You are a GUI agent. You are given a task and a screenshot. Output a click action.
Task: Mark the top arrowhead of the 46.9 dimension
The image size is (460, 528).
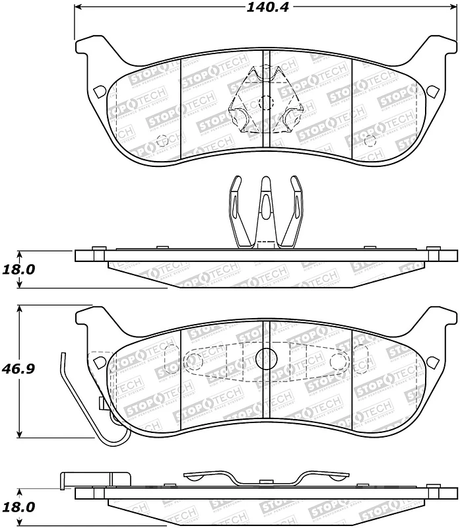click(21, 308)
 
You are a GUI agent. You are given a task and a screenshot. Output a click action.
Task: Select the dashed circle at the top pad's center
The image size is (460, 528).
click(265, 102)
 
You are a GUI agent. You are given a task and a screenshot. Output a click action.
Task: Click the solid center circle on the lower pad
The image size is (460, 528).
click(265, 359)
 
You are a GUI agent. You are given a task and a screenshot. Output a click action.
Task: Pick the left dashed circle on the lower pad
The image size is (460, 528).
click(194, 360)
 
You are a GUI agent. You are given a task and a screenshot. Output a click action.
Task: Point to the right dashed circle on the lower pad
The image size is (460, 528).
click(338, 360)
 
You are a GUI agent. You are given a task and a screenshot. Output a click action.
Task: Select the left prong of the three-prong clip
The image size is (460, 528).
click(236, 211)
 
